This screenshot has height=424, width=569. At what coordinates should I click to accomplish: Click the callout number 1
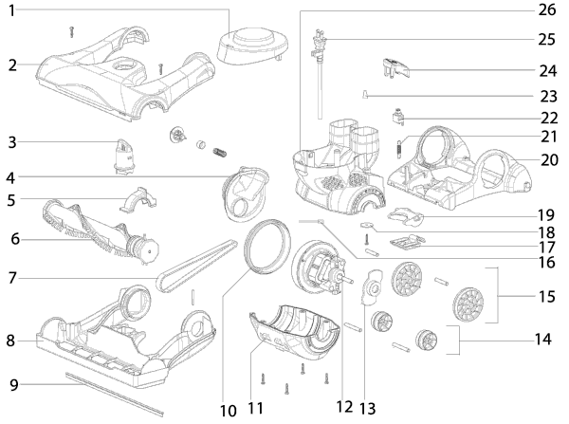[11, 9]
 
